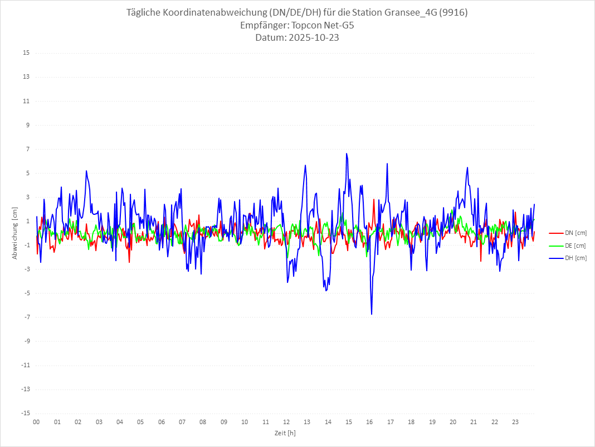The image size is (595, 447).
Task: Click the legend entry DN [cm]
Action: tap(575, 233)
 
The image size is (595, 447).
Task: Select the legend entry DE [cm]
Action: tap(575, 246)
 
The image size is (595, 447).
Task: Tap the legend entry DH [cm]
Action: tap(575, 258)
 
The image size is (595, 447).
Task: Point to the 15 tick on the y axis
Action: tap(26, 53)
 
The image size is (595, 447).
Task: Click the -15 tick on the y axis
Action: tap(25, 414)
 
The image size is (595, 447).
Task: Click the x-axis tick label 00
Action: tap(36, 422)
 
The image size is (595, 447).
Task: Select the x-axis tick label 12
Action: tap(286, 422)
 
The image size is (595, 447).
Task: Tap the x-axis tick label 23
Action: tap(515, 422)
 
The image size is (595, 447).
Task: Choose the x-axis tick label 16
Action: tap(369, 422)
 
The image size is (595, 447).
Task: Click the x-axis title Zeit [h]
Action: tap(285, 433)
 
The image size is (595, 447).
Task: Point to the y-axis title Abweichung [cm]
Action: tap(15, 233)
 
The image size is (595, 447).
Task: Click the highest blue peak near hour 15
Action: tap(347, 153)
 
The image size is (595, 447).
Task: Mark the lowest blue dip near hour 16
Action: tap(372, 314)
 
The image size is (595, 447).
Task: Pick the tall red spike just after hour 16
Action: tap(374, 199)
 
